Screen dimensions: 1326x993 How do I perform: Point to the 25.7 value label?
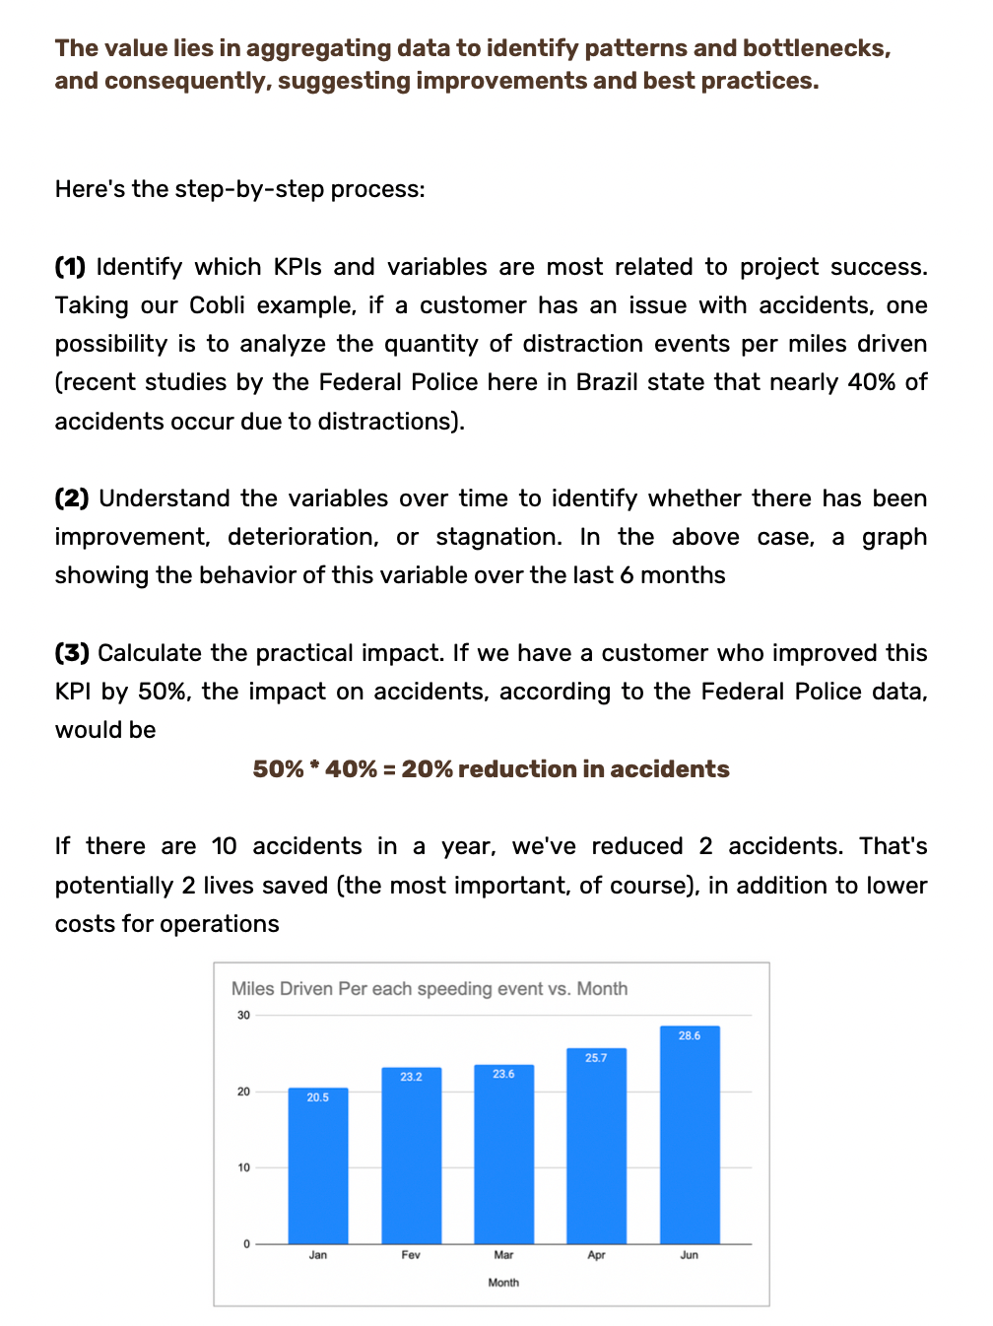point(596,1058)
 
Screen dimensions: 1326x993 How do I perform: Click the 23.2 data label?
point(411,1077)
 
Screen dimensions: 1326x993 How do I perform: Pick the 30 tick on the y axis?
point(243,1016)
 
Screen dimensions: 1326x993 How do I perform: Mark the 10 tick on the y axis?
point(243,1167)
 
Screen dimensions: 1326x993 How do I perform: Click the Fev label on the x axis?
point(411,1255)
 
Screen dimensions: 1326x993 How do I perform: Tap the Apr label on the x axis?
point(596,1255)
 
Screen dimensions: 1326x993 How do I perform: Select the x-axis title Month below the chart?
point(503,1283)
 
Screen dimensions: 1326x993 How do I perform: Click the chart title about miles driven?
point(429,989)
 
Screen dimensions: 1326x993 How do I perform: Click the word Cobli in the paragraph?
point(217,305)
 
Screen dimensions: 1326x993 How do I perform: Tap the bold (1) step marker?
point(70,267)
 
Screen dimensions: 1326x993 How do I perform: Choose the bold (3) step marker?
point(72,653)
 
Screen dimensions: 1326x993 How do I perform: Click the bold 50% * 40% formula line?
point(491,769)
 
